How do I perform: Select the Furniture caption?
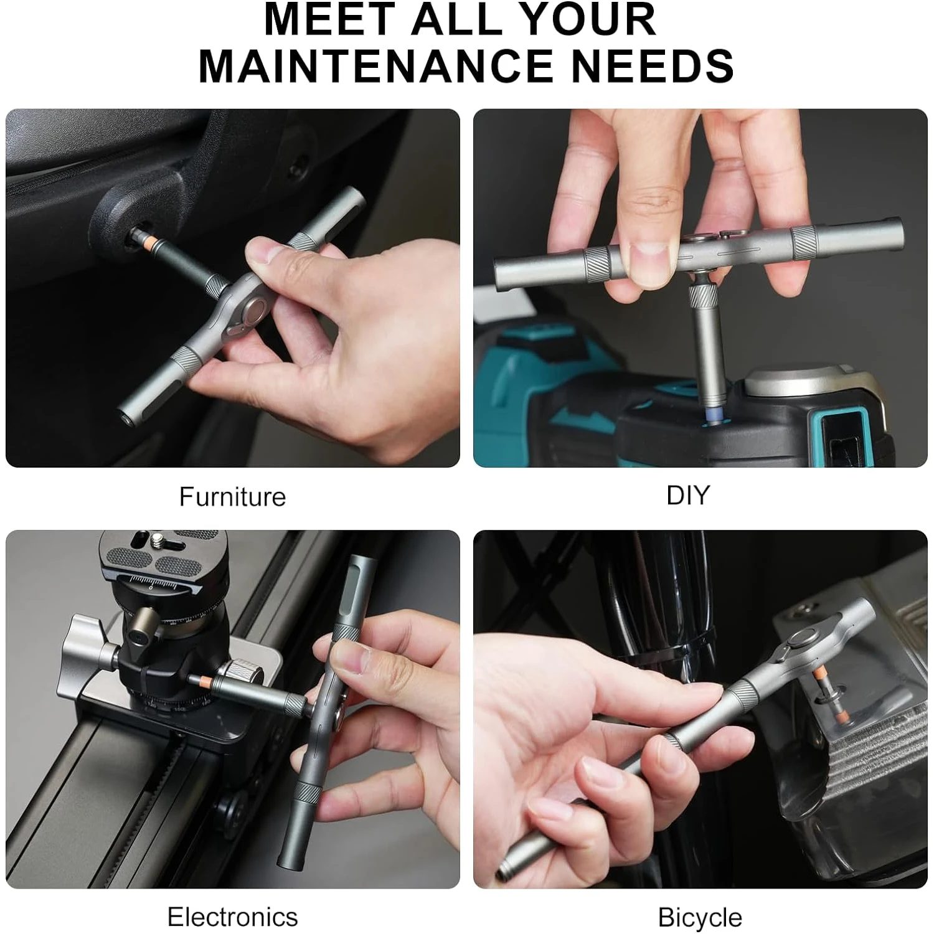coord(232,497)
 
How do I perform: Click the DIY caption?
coord(687,495)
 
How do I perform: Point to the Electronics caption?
coord(232,917)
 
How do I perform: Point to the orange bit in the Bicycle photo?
coord(842,715)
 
